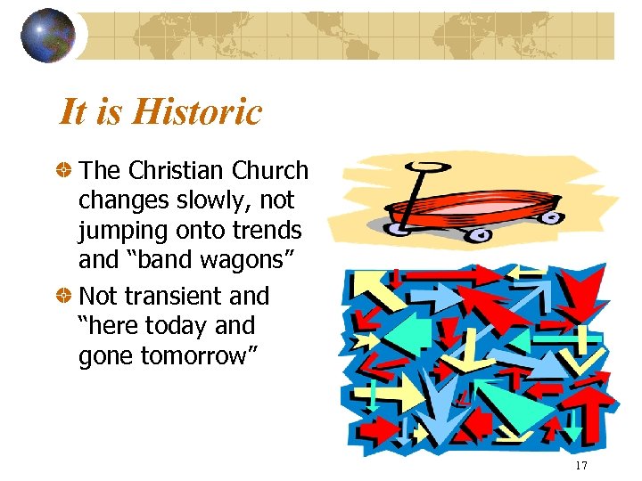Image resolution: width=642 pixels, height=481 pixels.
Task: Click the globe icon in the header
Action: coord(48,36)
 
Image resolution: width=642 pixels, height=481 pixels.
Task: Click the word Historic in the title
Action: coord(198,112)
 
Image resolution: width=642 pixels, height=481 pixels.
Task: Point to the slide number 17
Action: coord(580,467)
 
